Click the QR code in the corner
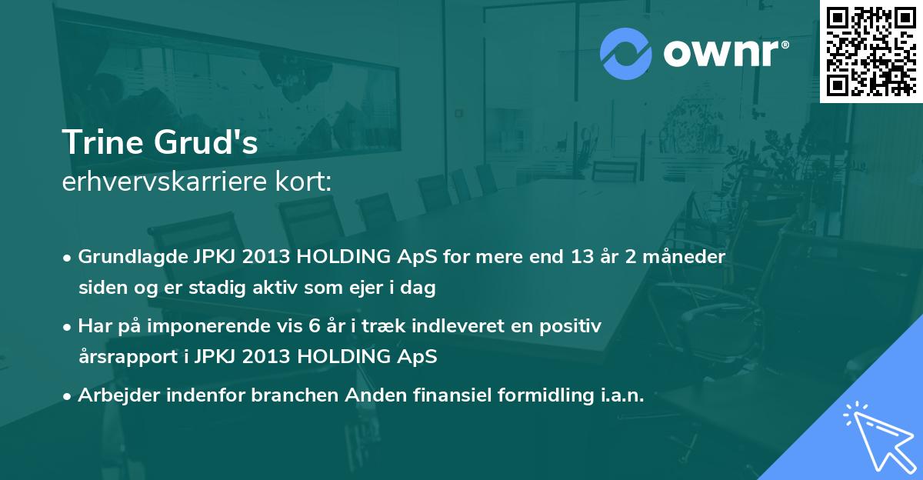coord(871,51)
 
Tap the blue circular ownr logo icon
coord(625,54)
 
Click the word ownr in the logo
coord(721,54)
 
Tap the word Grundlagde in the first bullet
coord(133,257)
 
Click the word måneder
coord(684,257)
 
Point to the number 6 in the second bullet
coord(314,326)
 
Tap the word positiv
coord(570,327)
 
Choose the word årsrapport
coord(128,357)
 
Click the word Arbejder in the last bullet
coord(119,395)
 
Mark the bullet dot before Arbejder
coord(66,397)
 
